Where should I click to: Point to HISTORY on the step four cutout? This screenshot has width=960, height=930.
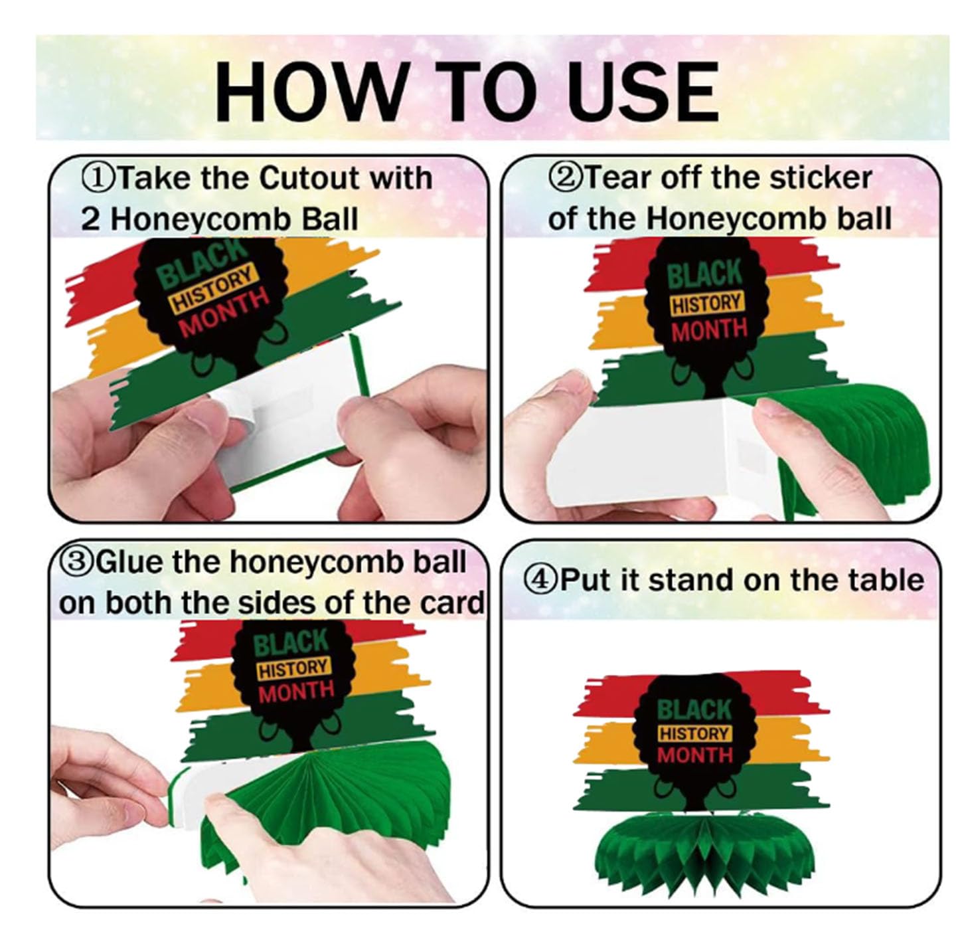[x=694, y=734]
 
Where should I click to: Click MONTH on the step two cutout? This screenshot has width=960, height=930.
[x=709, y=330]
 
